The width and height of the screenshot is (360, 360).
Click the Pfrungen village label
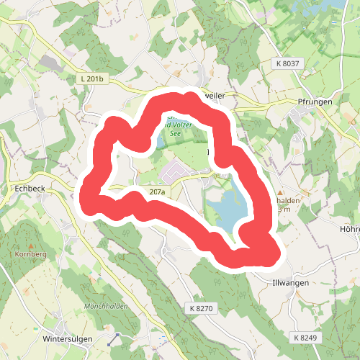315,102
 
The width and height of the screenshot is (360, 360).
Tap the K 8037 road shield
289,63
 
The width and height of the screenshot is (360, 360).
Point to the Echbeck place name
30,189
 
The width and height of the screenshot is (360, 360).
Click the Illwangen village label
291,283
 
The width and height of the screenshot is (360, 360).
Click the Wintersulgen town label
70,338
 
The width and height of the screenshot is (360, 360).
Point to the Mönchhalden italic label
106,307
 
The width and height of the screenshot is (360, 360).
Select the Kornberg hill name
30,255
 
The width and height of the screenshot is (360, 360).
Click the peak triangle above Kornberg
30,246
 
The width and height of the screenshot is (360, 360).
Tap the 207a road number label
158,192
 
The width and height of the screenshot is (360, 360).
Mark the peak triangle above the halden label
280,193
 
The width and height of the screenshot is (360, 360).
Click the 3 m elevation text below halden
284,210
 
